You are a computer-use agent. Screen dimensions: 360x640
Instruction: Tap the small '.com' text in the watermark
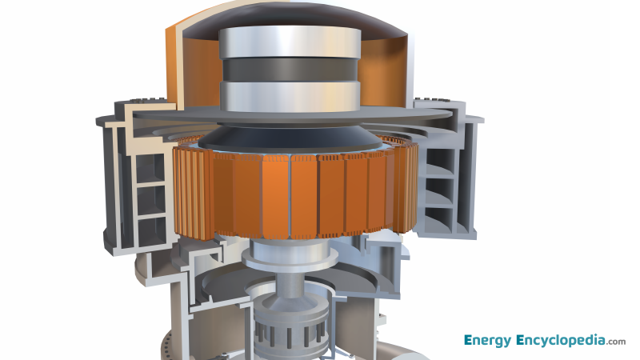click(x=616, y=342)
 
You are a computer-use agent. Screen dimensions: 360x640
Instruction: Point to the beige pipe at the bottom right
click(x=392, y=350)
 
